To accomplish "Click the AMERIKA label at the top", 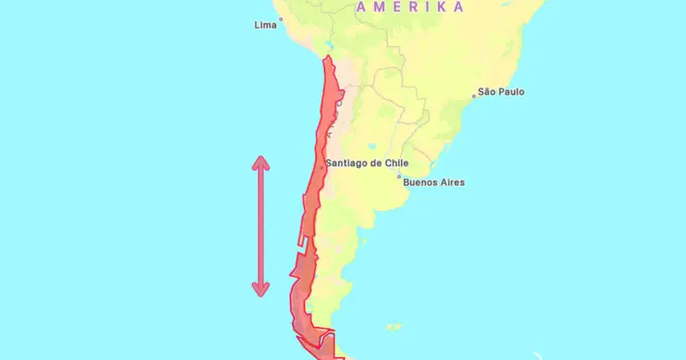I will point(410,7).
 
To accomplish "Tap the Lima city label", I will point(265,25).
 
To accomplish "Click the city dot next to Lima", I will point(280,19).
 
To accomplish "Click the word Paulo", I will point(513,92).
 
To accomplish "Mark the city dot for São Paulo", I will point(474,95).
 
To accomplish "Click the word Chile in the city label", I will point(396,163).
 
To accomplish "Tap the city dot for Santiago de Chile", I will point(322,167).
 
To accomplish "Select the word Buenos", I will point(422,183).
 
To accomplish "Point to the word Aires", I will point(452,183).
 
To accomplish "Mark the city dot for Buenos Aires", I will point(399,177).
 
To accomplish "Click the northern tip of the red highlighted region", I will point(328,58).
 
